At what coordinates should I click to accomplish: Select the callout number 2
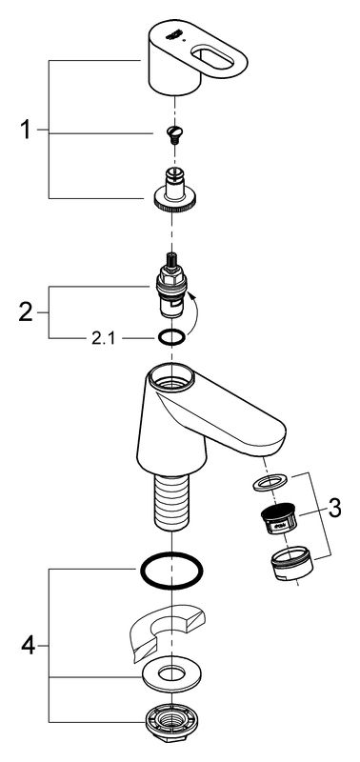(x=26, y=311)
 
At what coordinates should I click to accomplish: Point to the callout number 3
(x=334, y=509)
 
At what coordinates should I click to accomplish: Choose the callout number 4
(x=29, y=646)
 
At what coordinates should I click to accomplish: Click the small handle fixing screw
(x=173, y=133)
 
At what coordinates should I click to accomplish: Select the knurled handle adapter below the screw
(x=172, y=190)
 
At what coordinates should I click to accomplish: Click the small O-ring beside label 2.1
(x=172, y=337)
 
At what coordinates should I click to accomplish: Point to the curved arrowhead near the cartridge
(x=190, y=294)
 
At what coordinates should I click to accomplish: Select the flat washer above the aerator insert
(x=270, y=482)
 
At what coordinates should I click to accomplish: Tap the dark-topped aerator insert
(x=279, y=518)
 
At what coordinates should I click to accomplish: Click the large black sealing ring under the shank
(x=171, y=571)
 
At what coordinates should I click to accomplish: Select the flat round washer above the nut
(x=172, y=673)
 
